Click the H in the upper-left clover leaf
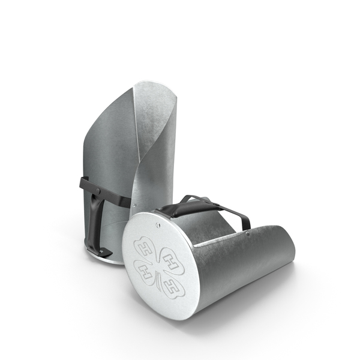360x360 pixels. (x=145, y=250)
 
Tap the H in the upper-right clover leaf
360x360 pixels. (x=170, y=263)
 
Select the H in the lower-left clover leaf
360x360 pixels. (x=145, y=272)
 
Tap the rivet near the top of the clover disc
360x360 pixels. (x=157, y=224)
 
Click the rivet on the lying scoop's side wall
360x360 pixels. (x=247, y=234)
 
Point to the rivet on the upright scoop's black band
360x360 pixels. (x=98, y=191)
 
